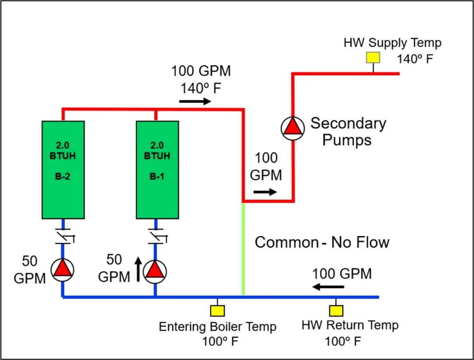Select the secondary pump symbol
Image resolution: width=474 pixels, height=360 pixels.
pyautogui.click(x=292, y=128)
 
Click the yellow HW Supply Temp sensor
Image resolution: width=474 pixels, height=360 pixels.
pyautogui.click(x=373, y=57)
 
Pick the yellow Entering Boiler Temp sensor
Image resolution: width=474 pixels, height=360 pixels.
pyautogui.click(x=218, y=311)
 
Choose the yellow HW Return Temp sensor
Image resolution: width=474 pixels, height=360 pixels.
pyautogui.click(x=336, y=311)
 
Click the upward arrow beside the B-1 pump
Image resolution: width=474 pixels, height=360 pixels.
pyautogui.click(x=138, y=268)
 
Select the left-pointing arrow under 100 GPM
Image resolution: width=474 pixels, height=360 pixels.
pyautogui.click(x=328, y=286)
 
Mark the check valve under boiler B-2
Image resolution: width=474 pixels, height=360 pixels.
pyautogui.click(x=63, y=236)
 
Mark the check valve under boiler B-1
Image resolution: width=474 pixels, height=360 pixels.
pyautogui.click(x=155, y=236)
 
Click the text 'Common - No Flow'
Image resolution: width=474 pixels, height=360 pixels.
pyautogui.click(x=322, y=243)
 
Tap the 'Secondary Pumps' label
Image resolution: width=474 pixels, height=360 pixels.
pyautogui.click(x=348, y=131)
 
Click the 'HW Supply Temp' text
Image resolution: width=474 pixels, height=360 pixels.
pyautogui.click(x=392, y=43)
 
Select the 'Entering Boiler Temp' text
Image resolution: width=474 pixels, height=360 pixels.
pyautogui.click(x=218, y=327)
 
